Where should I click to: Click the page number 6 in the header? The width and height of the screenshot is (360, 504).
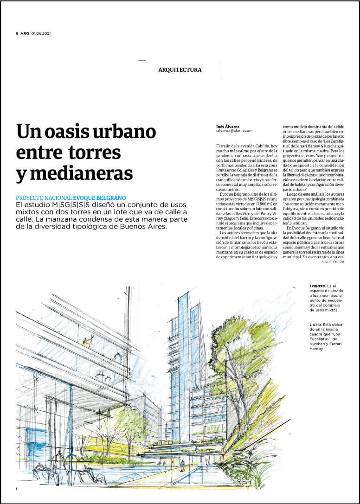tap(17, 33)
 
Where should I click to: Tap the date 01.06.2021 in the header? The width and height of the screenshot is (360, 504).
tap(41, 33)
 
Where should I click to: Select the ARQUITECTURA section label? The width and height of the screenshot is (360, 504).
tap(180, 70)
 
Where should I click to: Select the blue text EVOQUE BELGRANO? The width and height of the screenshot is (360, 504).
tap(99, 198)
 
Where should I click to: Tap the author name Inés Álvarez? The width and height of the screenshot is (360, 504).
tap(229, 126)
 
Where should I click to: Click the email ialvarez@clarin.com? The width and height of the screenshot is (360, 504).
tap(234, 131)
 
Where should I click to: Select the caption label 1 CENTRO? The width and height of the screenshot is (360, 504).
tap(317, 286)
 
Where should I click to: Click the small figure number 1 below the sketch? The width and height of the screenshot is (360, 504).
tap(16, 489)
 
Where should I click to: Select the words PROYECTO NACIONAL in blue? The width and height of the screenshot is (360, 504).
tap(44, 198)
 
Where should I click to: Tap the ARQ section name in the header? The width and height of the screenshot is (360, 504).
tap(25, 33)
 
